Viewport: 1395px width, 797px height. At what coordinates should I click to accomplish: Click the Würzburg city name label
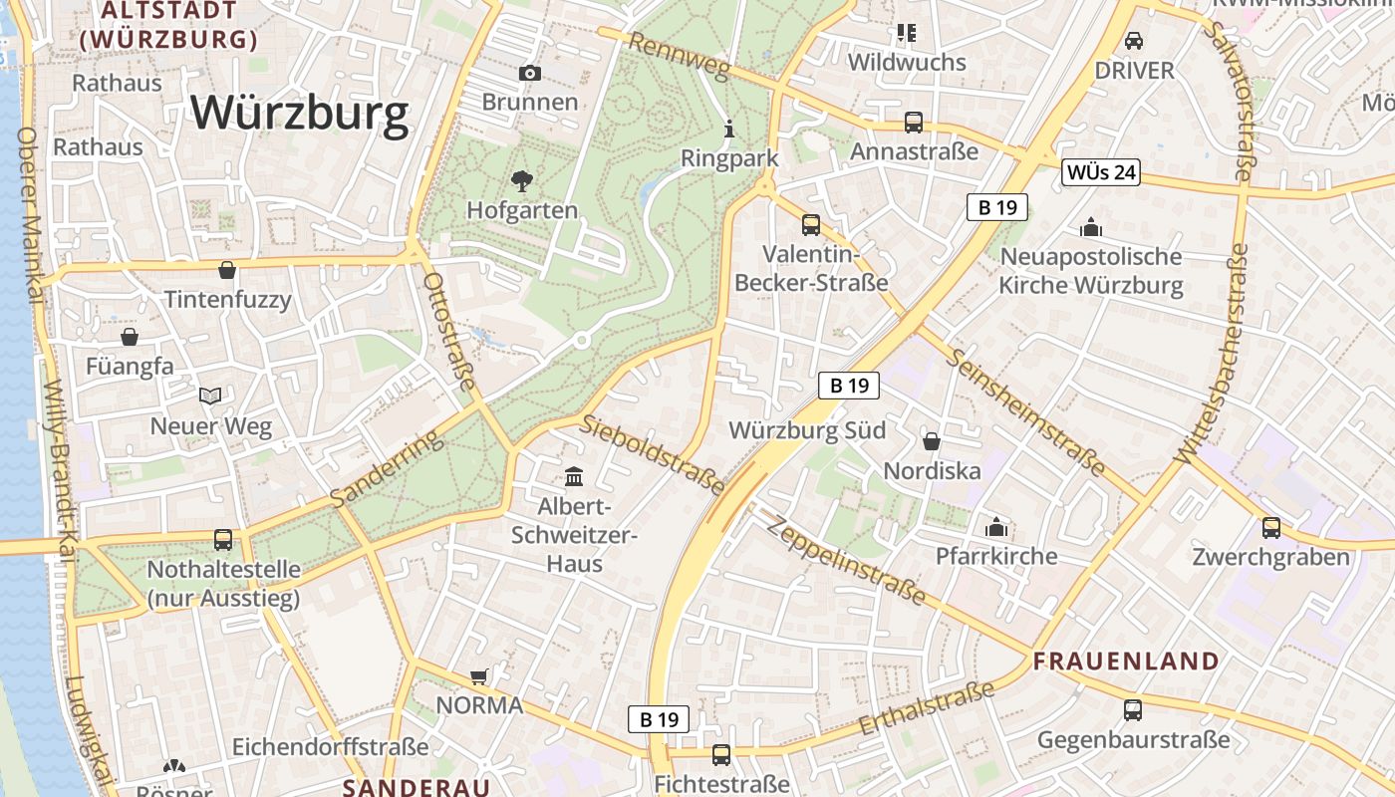click(300, 113)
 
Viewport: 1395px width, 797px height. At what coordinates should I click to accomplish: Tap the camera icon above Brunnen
click(530, 73)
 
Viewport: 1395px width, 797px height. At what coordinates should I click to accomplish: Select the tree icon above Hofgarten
click(521, 180)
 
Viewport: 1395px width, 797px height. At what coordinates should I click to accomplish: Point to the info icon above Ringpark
click(729, 129)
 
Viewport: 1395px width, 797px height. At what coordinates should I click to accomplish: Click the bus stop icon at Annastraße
click(913, 123)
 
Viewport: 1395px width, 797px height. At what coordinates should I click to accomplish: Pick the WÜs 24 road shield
click(1100, 172)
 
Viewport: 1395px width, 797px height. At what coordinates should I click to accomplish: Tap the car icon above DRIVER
click(1133, 41)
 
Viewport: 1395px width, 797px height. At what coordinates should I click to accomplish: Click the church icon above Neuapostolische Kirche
click(1091, 227)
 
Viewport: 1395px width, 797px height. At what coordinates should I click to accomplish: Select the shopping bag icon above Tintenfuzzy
click(227, 270)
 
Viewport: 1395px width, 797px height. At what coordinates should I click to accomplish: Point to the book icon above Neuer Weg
click(210, 397)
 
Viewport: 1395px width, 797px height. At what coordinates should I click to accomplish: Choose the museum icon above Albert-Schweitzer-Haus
click(574, 477)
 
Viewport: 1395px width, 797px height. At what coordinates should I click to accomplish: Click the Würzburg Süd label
click(807, 431)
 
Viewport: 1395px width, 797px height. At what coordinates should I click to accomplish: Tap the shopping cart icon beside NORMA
click(478, 677)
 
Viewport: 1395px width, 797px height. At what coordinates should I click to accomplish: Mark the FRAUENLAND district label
click(1126, 661)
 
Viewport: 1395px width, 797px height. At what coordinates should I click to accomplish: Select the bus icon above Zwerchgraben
click(1270, 527)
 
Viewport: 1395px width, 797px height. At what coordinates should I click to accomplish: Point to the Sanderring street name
click(386, 469)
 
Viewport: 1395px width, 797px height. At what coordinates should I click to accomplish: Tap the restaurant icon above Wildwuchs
click(906, 33)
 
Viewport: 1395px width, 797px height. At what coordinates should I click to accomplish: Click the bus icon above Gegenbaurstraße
click(1133, 710)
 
